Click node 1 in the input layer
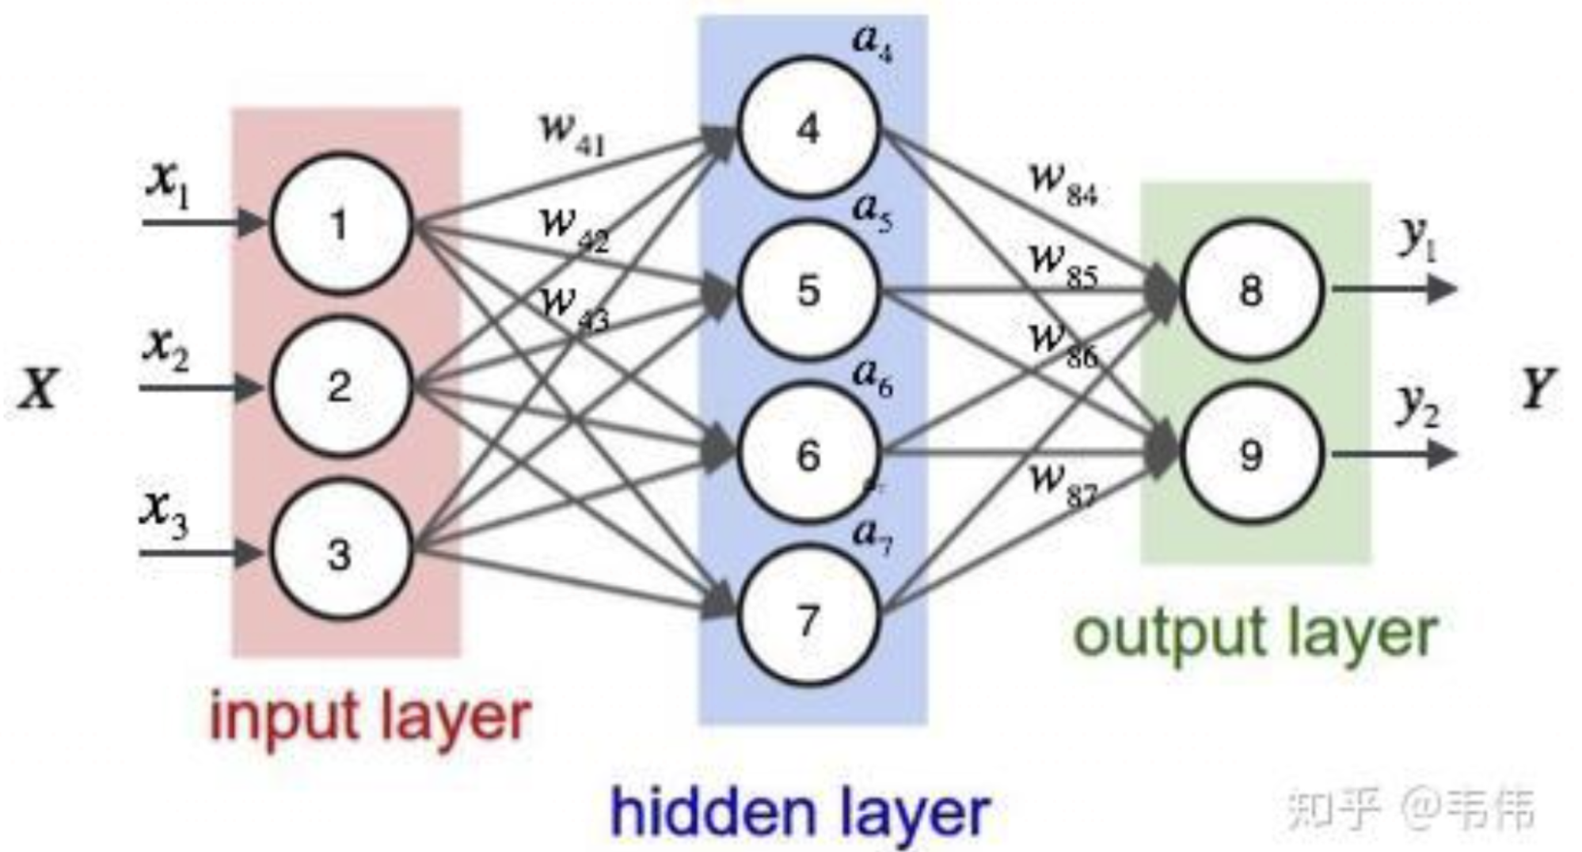click(340, 223)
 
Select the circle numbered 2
click(340, 386)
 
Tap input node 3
click(340, 553)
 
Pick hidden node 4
click(808, 127)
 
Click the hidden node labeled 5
click(808, 290)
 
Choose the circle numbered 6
click(808, 454)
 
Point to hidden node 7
click(808, 619)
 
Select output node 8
click(1251, 290)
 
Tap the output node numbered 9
click(1251, 454)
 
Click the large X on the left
click(38, 390)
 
